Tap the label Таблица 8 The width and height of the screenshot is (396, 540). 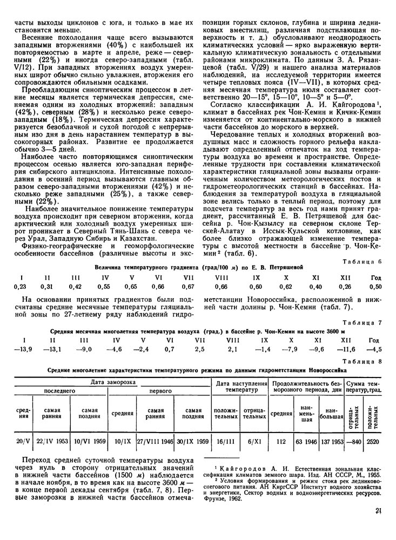[364, 361]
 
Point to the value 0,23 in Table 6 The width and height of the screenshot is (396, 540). [20, 286]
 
